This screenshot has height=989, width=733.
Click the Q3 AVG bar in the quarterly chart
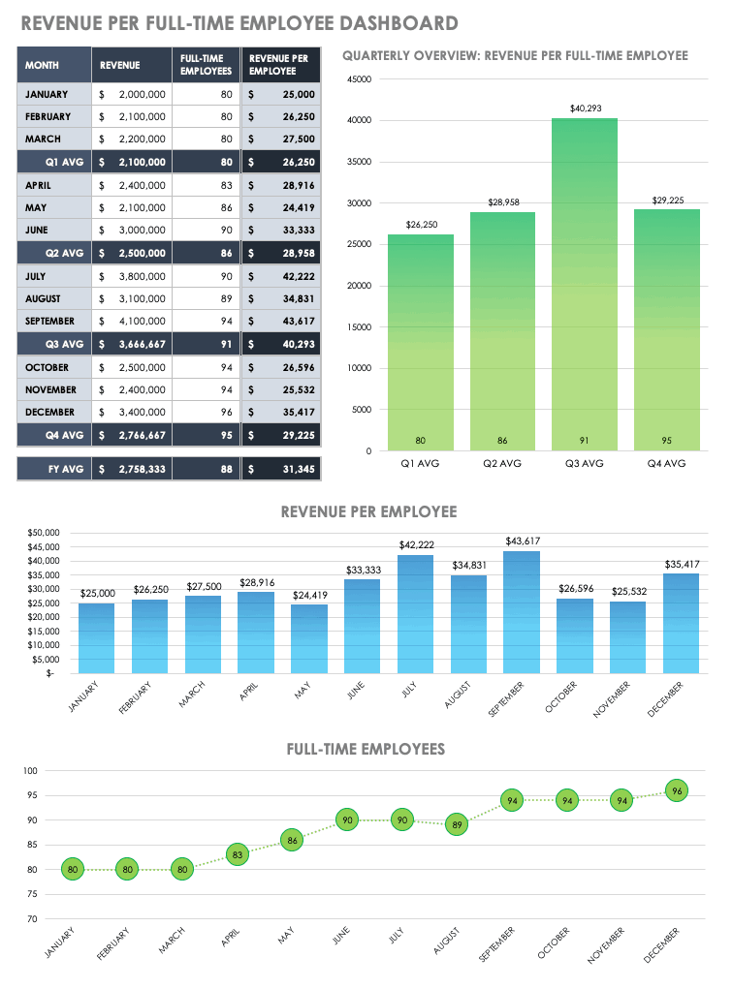[x=585, y=291]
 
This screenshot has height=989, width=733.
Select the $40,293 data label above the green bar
[x=585, y=108]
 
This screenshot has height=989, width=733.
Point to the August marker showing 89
[x=458, y=825]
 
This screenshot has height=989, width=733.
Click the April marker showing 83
[x=237, y=854]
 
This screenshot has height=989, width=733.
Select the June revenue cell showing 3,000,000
[x=133, y=230]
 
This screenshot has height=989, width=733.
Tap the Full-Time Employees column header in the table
[x=205, y=65]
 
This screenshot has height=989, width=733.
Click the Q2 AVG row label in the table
[x=53, y=253]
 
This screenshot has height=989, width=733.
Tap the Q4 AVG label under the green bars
[x=666, y=464]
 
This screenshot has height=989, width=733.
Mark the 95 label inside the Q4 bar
[x=666, y=441]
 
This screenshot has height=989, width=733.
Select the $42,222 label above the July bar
[x=415, y=545]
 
